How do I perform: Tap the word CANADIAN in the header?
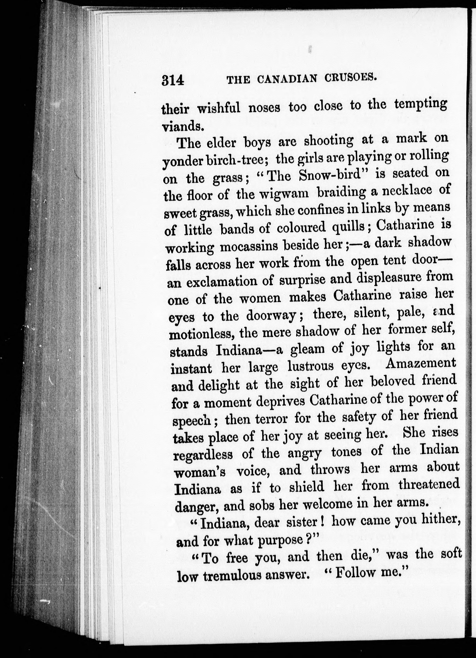pyautogui.click(x=286, y=79)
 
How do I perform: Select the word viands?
pyautogui.click(x=182, y=127)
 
